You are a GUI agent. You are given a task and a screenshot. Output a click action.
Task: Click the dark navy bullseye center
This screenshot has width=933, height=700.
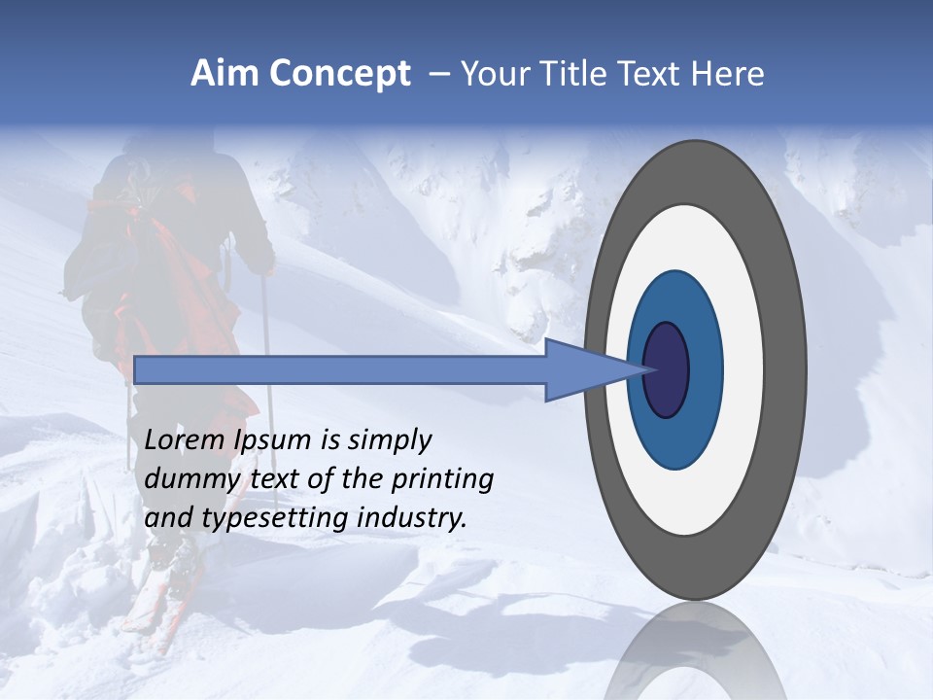(667, 370)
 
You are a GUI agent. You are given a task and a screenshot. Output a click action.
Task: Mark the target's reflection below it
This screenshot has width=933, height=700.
(695, 651)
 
